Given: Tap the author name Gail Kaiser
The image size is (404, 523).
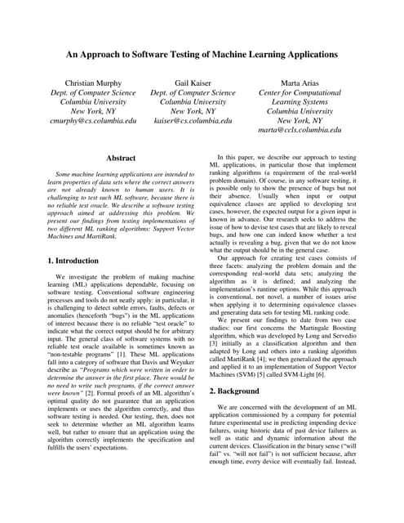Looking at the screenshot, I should pyautogui.click(x=193, y=83).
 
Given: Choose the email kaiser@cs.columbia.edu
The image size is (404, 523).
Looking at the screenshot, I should pyautogui.click(x=193, y=120).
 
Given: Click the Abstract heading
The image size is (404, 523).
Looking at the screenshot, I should pyautogui.click(x=121, y=157).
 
